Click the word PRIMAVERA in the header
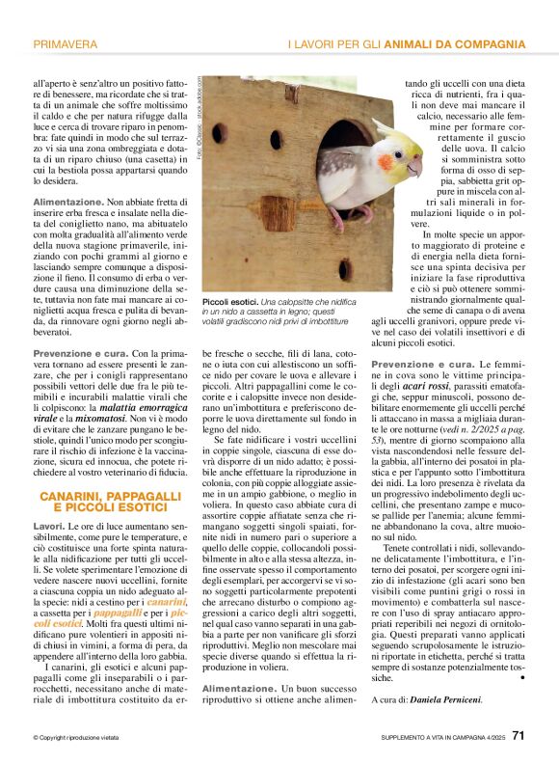[x=66, y=44]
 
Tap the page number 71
[x=519, y=737]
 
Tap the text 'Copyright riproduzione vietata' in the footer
[x=76, y=739]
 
